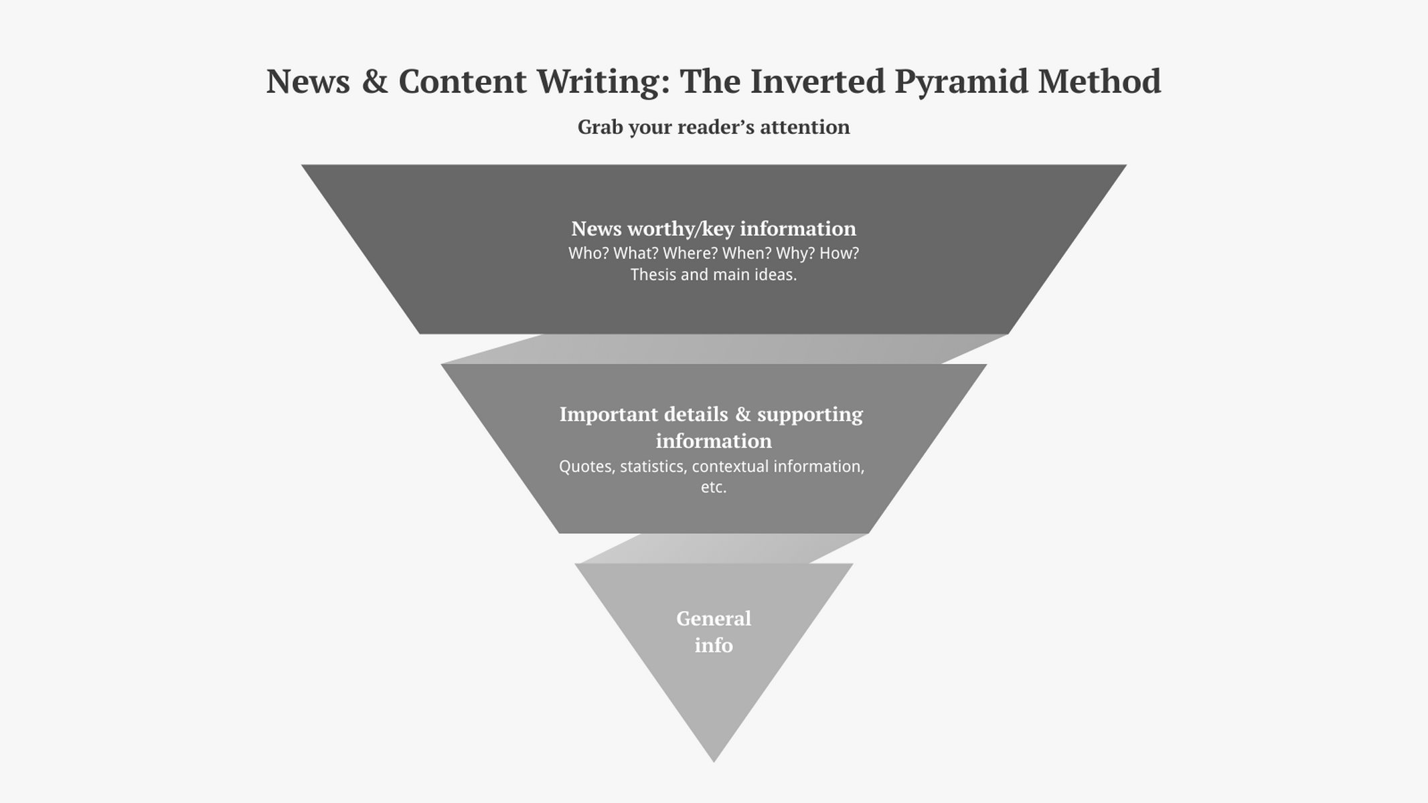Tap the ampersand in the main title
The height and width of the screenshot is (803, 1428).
pos(375,81)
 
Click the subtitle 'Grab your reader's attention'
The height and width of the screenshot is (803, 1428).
pos(714,127)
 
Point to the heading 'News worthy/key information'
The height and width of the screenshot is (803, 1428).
pos(714,229)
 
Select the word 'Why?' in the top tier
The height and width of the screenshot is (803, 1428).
pos(795,254)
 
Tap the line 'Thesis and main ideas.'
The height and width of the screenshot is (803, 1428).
pos(714,275)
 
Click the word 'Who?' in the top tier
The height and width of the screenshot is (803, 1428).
pos(588,254)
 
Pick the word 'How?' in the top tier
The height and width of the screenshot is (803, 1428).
pos(840,254)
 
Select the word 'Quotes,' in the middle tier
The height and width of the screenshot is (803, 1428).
pos(587,467)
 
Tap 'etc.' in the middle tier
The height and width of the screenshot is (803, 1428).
pos(714,488)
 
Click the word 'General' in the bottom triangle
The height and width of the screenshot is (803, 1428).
pos(714,619)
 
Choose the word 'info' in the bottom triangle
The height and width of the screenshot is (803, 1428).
pos(714,645)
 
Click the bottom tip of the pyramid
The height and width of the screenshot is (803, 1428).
pos(714,762)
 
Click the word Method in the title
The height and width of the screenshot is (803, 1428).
pos(1099,81)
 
